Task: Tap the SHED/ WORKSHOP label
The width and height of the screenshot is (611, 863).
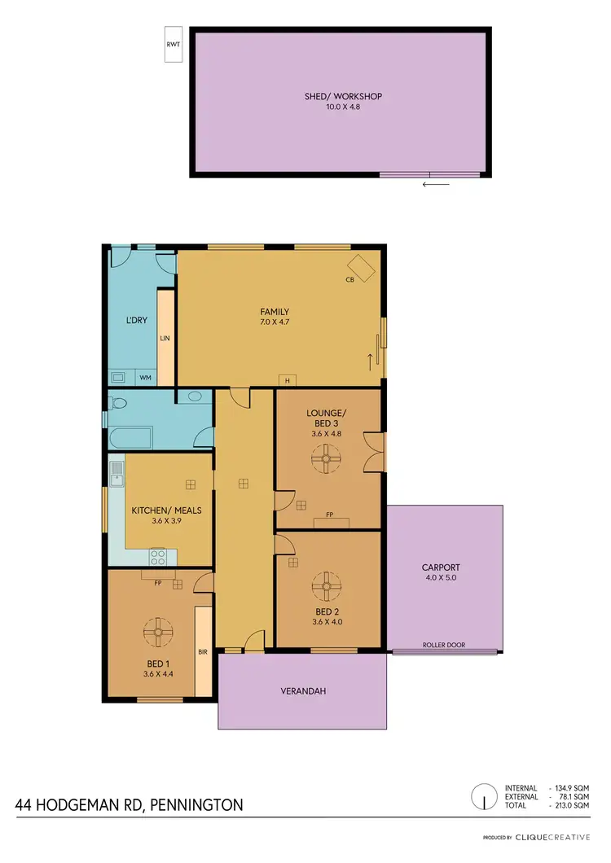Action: point(343,96)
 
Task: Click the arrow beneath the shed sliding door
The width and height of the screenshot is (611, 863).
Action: point(436,184)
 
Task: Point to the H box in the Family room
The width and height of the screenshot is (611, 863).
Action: point(286,380)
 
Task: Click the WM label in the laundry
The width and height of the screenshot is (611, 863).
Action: point(144,378)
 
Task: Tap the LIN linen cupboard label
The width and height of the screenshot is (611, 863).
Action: point(165,337)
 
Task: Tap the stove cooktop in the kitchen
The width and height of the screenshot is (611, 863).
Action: point(158,557)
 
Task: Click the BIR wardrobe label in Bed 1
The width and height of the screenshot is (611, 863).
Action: point(203,652)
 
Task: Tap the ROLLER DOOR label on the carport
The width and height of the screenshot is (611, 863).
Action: point(444,645)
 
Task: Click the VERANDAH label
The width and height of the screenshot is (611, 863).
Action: point(304,691)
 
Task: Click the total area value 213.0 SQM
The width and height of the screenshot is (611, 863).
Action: point(570,805)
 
